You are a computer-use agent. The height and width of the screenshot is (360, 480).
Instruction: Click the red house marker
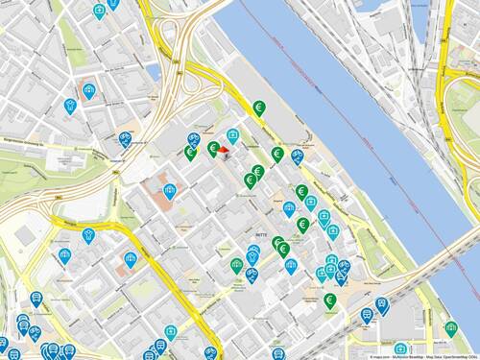[223, 150]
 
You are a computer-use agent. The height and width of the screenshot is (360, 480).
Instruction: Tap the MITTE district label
[259, 233]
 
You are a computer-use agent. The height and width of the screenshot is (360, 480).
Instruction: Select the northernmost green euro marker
[258, 108]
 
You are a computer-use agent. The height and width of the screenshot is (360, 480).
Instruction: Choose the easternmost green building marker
[450, 328]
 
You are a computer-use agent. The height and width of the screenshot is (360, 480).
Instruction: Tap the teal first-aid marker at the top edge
[100, 12]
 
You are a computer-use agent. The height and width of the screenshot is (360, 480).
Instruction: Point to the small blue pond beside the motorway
[155, 72]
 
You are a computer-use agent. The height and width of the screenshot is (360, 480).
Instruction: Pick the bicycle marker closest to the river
[298, 155]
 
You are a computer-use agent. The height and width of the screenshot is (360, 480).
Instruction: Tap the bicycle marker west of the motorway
[125, 139]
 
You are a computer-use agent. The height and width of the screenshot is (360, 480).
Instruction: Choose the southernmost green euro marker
[329, 300]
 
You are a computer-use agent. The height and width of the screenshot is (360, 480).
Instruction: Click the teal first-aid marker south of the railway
[400, 348]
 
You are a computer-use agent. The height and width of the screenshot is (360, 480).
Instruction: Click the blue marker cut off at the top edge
[113, 4]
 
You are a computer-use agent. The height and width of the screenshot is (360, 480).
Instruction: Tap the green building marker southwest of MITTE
[237, 264]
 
